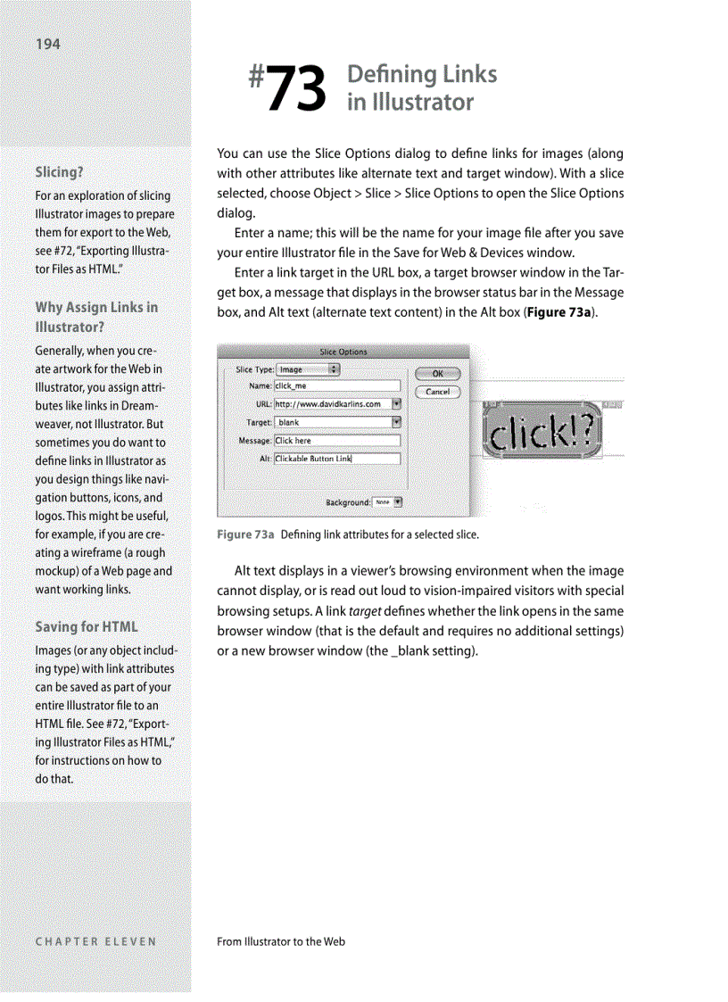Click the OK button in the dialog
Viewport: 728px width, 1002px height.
(437, 374)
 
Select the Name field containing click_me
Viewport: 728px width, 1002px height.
(336, 386)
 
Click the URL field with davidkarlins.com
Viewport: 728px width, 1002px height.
(331, 404)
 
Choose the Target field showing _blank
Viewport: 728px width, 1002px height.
(331, 422)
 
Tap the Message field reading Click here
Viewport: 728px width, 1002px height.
(336, 441)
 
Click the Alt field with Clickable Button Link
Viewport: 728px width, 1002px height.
(336, 459)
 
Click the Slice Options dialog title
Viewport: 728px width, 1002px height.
(343, 352)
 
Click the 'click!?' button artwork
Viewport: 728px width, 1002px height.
(543, 432)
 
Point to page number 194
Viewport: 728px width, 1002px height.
(48, 44)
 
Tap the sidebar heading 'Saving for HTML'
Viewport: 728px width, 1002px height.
(87, 626)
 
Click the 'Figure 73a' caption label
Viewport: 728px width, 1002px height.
(245, 534)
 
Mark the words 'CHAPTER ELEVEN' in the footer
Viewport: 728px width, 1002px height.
(95, 940)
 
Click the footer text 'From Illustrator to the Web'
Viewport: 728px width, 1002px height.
(281, 940)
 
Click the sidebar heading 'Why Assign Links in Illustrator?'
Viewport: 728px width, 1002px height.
(95, 317)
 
